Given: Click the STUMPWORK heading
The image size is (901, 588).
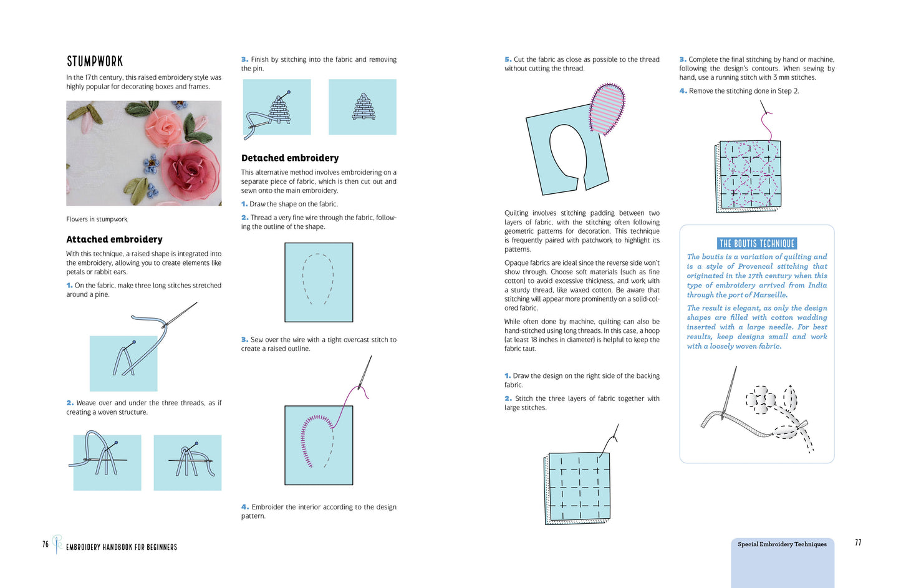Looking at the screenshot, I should click(95, 61).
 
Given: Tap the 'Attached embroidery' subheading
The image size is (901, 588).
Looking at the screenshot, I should click(114, 239).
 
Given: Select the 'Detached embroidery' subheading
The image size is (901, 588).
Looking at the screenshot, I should click(290, 158).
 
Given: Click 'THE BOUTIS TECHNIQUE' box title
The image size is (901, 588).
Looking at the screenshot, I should click(756, 244).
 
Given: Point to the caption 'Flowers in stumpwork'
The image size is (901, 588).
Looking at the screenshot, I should click(97, 219).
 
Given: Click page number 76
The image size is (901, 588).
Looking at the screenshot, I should click(46, 544).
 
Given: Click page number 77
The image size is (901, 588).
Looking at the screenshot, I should click(858, 542).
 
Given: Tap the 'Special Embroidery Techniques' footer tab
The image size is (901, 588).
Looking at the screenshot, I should click(782, 544).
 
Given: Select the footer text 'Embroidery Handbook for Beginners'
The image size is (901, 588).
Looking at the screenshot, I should click(122, 547).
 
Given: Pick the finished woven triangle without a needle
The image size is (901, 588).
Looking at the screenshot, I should click(363, 107).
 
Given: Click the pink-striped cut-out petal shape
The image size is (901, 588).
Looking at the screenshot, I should click(607, 108).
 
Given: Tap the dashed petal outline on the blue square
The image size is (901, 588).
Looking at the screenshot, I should click(318, 279).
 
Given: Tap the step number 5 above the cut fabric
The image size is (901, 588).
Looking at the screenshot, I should click(508, 60).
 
